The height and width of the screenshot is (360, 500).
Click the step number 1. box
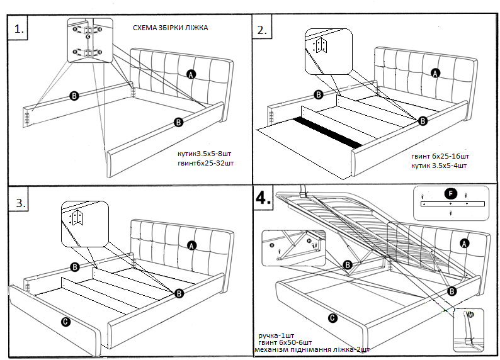pos(20,28)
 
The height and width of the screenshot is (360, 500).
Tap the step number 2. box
pos(262,30)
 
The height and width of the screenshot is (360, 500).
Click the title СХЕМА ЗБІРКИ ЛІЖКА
pos(171,28)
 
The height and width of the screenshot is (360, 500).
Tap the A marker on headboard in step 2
pos(434,73)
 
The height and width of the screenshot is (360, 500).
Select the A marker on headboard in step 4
pos(465,243)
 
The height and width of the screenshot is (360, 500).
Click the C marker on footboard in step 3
pos(65,322)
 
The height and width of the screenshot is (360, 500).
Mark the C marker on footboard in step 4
pos(332,318)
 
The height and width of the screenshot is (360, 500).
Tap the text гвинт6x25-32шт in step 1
pos(207,164)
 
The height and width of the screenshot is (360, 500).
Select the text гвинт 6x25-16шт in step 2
pos(441,155)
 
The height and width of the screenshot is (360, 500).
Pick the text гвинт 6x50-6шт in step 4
pos(284,342)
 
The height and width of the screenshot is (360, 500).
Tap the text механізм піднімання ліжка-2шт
pos(311,349)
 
